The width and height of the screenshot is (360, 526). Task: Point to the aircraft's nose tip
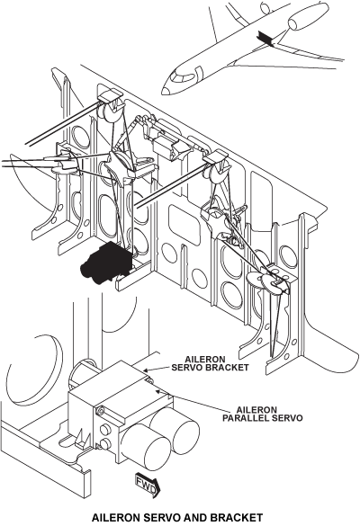tap(164, 91)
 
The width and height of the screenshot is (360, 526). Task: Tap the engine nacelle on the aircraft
tap(301, 21)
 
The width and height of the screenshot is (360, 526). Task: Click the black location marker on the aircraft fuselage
tap(265, 38)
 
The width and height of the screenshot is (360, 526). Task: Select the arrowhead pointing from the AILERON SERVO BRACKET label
tap(145, 370)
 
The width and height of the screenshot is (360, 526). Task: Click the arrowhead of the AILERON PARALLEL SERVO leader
tap(157, 390)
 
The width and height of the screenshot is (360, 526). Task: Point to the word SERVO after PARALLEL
tap(288, 418)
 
